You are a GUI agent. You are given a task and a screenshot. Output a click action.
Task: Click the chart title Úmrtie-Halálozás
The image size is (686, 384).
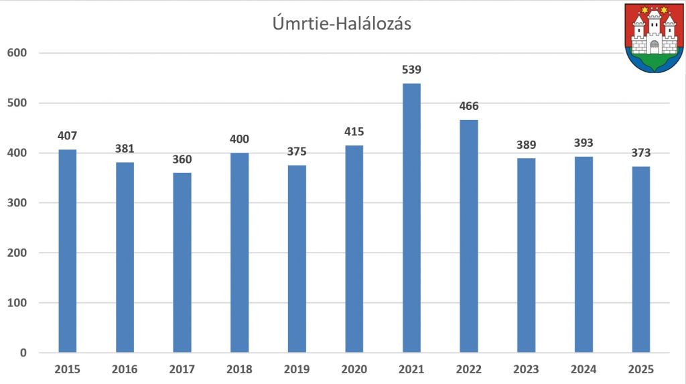342,24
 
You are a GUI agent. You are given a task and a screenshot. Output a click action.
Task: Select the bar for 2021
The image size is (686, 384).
411,218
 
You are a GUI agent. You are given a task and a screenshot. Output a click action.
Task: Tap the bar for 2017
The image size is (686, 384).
182,263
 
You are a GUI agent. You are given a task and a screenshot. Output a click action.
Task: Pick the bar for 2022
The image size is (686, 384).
469,236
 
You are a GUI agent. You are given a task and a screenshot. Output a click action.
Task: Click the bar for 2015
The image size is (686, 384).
67,251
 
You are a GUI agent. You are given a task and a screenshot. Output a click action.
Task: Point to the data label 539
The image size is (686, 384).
411,70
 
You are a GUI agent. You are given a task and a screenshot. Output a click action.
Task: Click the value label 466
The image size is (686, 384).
469,106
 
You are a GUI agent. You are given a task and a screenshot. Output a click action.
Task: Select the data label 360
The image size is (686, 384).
182,159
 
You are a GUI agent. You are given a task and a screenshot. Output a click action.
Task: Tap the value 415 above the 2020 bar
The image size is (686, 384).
354,132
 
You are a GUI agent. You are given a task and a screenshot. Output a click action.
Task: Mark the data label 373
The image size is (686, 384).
641,153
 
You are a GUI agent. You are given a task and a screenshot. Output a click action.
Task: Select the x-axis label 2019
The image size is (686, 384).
297,369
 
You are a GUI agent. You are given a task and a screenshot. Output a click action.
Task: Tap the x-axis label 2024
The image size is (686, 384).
584,369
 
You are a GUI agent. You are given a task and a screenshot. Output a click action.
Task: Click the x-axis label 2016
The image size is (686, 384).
125,369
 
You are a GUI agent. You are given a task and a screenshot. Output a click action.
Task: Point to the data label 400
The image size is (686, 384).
239,139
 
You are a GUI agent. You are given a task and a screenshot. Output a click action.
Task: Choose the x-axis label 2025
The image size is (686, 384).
641,369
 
